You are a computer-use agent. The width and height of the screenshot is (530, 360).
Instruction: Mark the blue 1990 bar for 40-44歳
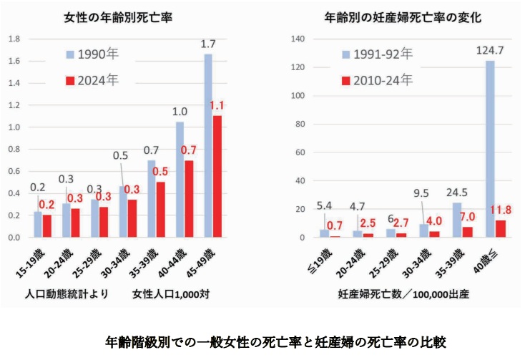click(180, 179)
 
